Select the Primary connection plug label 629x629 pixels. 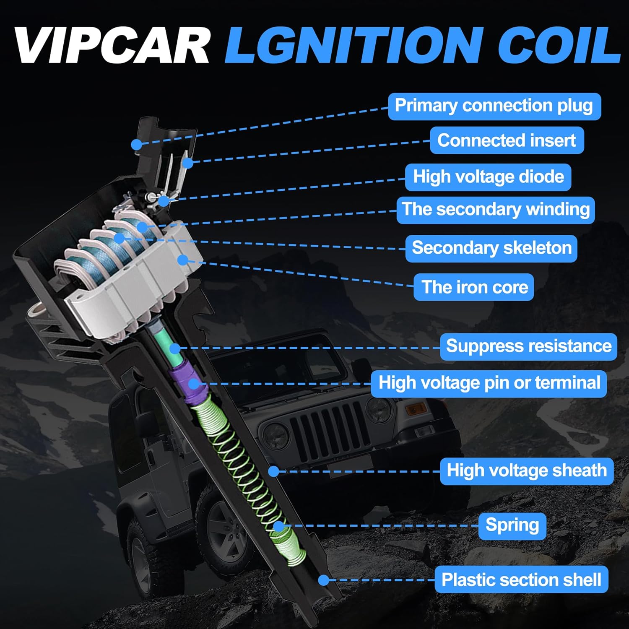(494, 107)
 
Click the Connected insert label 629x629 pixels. (507, 140)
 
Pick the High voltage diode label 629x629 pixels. (488, 177)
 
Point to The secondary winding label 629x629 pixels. (496, 210)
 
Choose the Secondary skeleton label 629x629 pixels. (491, 248)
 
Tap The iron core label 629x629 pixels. (474, 287)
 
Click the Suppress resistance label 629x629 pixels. (528, 346)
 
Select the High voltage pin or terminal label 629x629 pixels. (489, 383)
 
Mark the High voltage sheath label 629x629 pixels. (527, 471)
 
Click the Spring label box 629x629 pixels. (512, 526)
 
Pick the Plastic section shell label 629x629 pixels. (521, 580)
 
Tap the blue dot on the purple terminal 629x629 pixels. (193, 383)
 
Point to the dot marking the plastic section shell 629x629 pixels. (323, 580)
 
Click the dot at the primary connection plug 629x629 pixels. (136, 145)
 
